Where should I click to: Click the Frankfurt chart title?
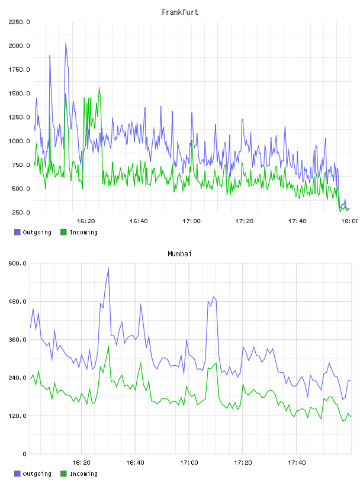pos(180,12)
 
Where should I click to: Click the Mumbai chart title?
pos(179,254)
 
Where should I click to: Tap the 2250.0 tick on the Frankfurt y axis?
pos(19,22)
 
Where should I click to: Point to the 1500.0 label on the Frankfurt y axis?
pos(19,94)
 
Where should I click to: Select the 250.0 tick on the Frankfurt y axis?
pos(21,212)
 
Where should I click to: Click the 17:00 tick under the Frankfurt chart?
pos(191,221)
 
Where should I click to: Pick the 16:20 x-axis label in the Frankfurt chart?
pos(86,221)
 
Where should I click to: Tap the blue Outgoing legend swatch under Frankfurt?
pos(17,232)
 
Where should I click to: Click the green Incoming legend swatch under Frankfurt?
pos(63,232)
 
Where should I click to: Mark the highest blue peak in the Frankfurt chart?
pos(66,44)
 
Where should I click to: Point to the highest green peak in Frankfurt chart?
pos(99,88)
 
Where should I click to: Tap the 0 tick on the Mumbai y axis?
pos(24,454)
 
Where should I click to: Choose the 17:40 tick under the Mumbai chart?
pos(297,462)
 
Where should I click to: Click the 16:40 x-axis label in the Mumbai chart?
pos(135,462)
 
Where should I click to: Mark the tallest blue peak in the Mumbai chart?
pos(108,269)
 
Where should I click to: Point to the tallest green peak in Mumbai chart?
pos(108,346)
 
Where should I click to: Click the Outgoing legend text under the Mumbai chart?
pos(37,474)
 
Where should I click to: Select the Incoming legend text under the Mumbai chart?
pos(83,474)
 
